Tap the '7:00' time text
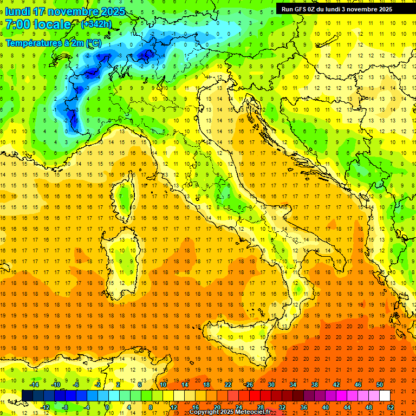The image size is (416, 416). (x=17, y=24)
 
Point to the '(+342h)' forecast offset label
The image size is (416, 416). (x=96, y=24)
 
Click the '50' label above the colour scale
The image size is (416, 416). (x=379, y=385)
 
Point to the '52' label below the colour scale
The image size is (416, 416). (x=391, y=407)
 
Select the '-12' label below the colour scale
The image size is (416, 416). (x=45, y=407)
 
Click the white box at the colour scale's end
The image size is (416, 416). (x=385, y=395)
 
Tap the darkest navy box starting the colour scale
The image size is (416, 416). (x=27, y=395)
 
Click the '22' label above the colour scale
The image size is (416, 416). (x=228, y=385)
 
